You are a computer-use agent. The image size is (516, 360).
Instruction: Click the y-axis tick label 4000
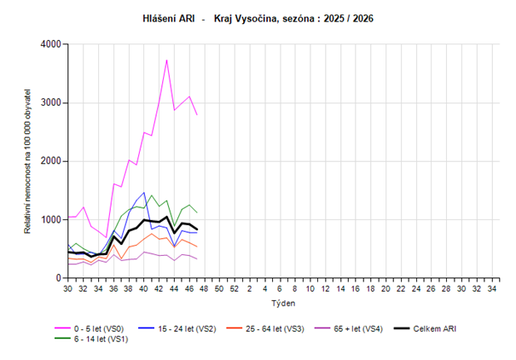[x=51, y=44]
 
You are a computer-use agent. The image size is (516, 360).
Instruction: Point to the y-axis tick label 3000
[x=51, y=103]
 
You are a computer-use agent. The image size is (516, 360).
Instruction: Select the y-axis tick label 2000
[x=51, y=161]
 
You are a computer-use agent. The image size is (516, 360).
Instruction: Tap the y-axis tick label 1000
[x=51, y=220]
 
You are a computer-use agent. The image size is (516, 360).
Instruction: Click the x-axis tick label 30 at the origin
[x=67, y=289]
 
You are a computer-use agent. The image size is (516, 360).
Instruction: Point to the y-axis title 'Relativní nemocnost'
[x=27, y=161]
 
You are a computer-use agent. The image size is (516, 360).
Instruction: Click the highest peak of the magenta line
[x=166, y=60]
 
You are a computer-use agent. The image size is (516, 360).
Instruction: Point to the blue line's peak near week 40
[x=144, y=193]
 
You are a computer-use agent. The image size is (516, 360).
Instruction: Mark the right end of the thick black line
[x=197, y=229]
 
